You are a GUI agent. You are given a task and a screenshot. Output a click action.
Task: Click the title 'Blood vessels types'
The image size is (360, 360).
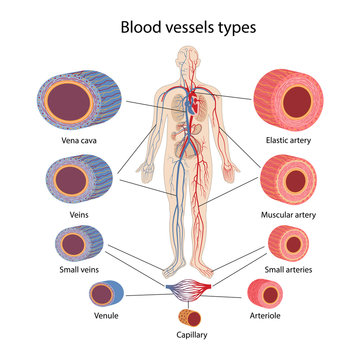tap(180, 26)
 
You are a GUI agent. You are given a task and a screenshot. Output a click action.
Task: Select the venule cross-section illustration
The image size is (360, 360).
tap(104, 295)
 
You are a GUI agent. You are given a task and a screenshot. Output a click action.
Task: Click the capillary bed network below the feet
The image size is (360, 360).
tap(180, 288)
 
